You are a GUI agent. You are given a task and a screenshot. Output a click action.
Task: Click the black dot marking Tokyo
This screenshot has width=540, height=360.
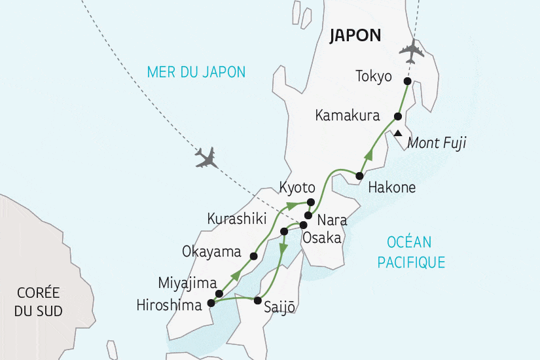407,81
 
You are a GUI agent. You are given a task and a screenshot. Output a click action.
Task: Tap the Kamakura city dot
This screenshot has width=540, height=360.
397,117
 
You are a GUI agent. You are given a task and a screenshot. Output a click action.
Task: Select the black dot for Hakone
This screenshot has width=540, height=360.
359,175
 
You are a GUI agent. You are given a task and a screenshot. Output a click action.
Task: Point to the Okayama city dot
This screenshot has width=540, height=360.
254,256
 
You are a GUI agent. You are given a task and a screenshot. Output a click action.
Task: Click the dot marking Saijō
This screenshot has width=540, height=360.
258,301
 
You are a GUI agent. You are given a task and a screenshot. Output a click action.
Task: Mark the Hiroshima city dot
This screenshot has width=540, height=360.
211,303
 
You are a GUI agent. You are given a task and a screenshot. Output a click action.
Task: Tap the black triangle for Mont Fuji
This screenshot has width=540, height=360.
397,134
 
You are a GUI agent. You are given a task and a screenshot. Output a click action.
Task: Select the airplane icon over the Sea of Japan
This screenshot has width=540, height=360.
207,157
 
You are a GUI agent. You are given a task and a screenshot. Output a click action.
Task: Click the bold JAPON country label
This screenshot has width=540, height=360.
355,35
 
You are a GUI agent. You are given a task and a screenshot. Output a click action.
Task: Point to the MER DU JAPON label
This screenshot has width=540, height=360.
196,72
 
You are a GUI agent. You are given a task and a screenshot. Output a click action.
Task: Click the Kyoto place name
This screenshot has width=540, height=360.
298,187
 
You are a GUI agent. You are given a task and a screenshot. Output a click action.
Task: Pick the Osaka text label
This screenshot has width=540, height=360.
321,238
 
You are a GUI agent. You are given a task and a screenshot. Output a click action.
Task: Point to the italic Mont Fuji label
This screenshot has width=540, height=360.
437,143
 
